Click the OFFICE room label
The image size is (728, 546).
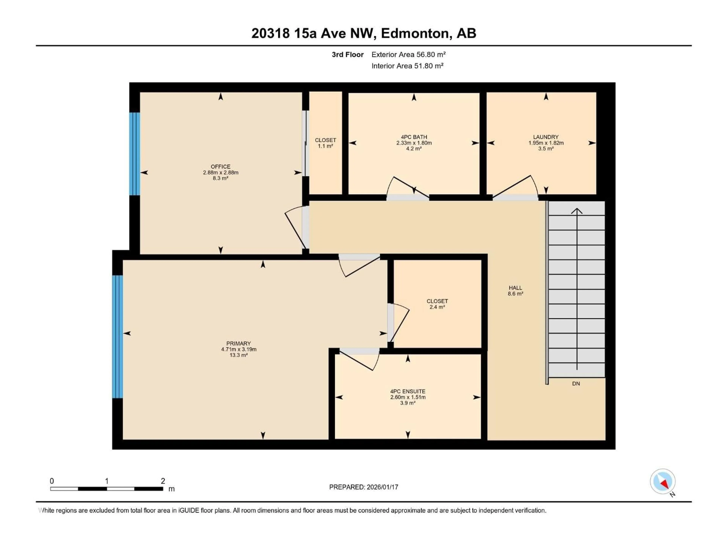pyautogui.click(x=220, y=166)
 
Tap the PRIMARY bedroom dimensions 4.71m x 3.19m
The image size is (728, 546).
pyautogui.click(x=239, y=349)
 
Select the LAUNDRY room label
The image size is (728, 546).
pyautogui.click(x=546, y=137)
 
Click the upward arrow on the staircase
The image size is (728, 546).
pyautogui.click(x=577, y=211)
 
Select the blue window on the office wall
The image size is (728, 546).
pyautogui.click(x=135, y=154)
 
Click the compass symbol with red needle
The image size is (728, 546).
pyautogui.click(x=663, y=482)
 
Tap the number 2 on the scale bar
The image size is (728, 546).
pyautogui.click(x=163, y=481)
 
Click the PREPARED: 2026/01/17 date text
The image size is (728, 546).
pyautogui.click(x=363, y=487)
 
